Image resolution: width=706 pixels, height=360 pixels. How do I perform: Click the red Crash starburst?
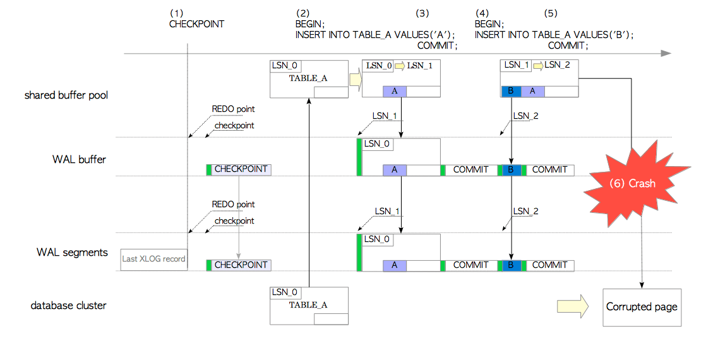(632, 183)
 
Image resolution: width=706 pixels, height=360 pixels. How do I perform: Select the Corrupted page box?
(642, 307)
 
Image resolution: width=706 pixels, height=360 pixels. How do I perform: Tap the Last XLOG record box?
(153, 260)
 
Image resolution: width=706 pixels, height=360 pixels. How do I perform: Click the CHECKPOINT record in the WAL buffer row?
(239, 169)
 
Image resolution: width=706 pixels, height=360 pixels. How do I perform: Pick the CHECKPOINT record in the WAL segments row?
(239, 265)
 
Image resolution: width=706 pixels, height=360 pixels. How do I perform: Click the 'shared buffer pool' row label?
(66, 95)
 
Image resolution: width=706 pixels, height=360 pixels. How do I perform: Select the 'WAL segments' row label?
(71, 253)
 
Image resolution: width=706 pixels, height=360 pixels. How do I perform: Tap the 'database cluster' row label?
(69, 306)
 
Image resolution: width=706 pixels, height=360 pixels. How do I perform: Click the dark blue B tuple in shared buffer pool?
(511, 92)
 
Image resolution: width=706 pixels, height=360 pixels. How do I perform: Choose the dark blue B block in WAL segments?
(510, 265)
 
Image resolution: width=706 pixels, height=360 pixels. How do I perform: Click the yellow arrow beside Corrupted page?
(572, 306)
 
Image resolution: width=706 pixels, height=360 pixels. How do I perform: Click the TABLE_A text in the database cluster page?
(308, 305)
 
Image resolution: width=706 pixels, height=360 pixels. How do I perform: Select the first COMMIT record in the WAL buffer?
(470, 169)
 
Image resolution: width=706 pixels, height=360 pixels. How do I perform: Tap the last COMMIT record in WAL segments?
(549, 265)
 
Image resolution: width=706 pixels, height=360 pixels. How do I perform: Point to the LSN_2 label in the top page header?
(557, 65)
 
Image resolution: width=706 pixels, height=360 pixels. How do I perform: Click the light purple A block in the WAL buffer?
(395, 169)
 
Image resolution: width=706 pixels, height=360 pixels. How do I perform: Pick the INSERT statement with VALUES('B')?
(554, 35)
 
